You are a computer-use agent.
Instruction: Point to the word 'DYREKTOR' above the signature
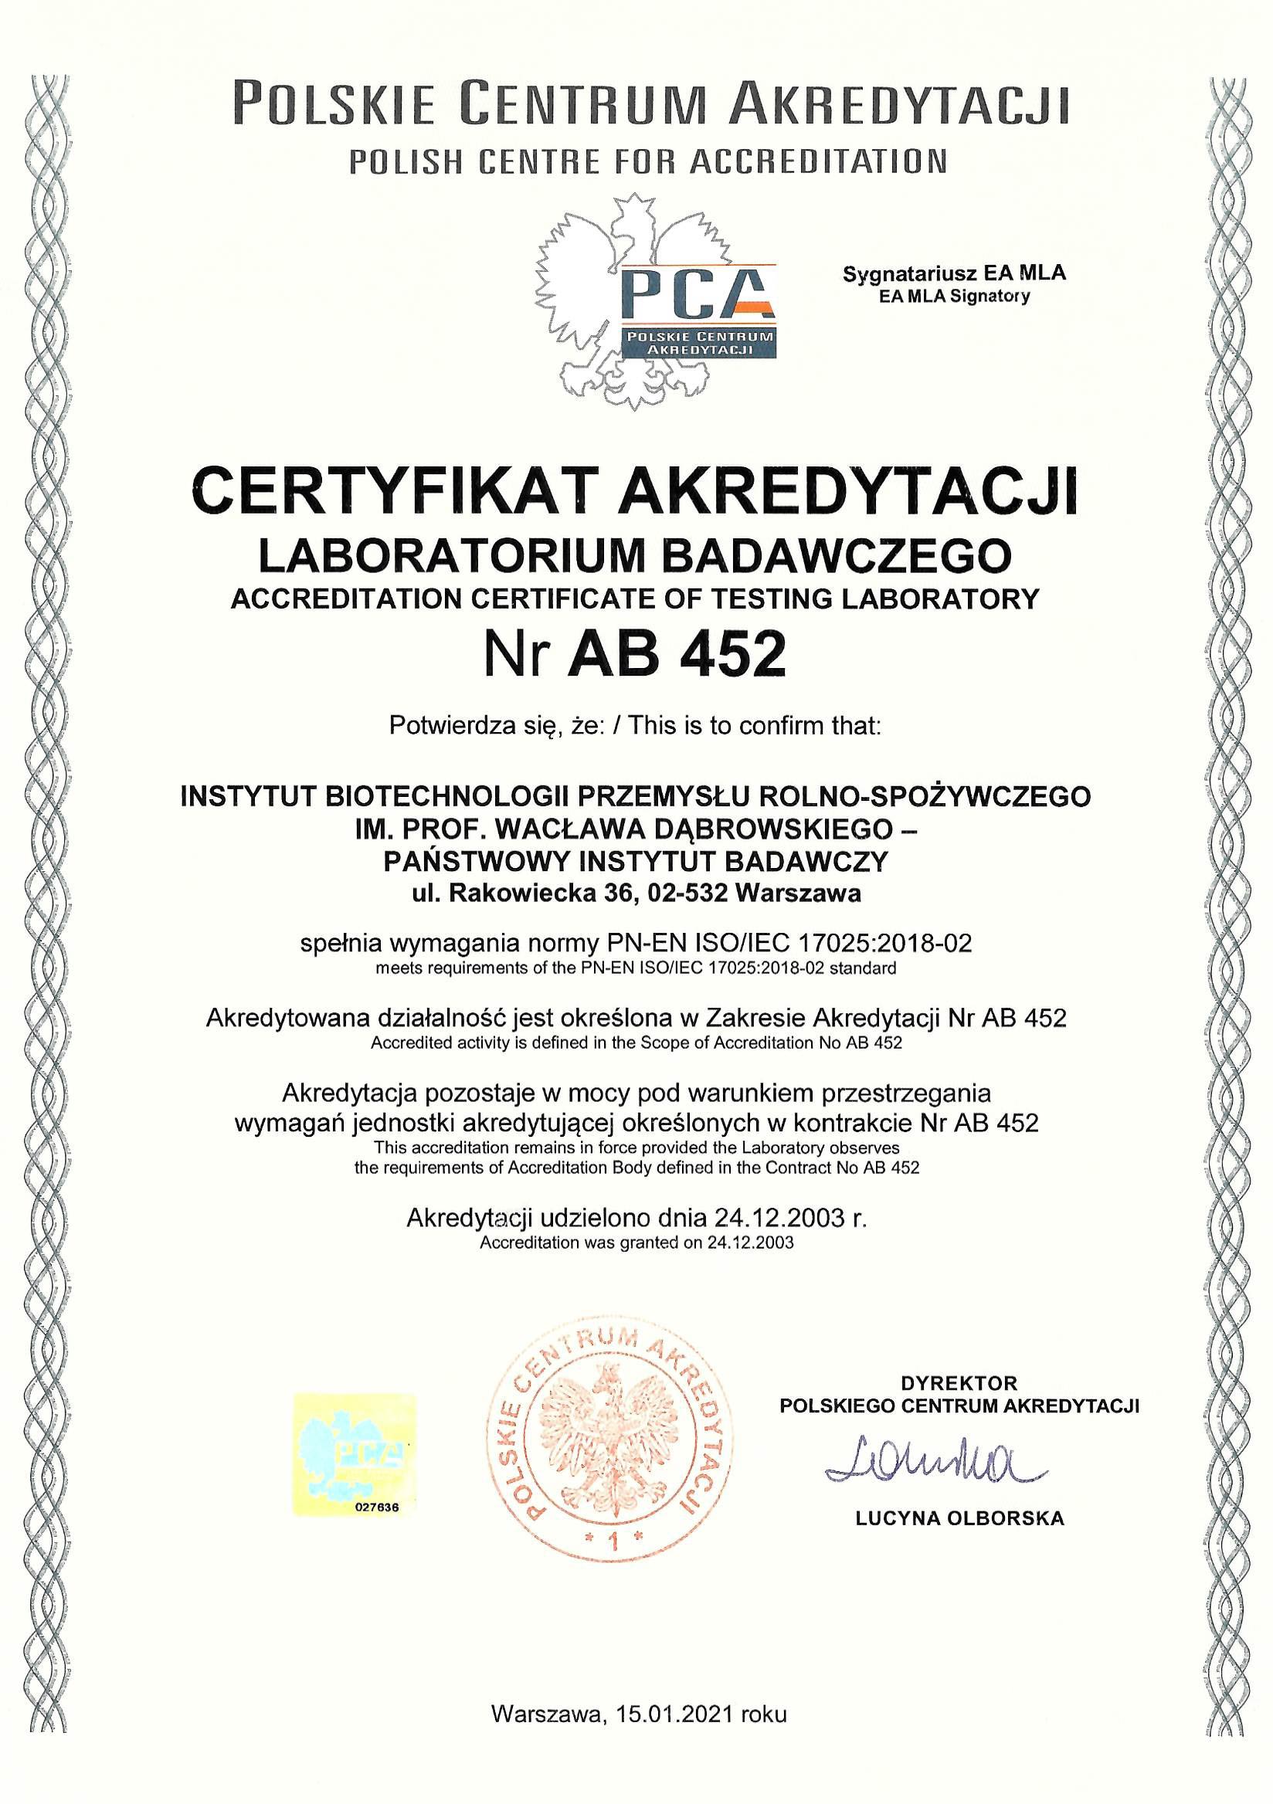pyautogui.click(x=959, y=1383)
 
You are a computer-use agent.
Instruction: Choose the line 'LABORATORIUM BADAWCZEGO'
pyautogui.click(x=635, y=556)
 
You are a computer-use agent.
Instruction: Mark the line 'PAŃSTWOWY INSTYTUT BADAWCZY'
pyautogui.click(x=635, y=862)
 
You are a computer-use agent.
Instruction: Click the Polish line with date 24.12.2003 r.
pyautogui.click(x=636, y=1219)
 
